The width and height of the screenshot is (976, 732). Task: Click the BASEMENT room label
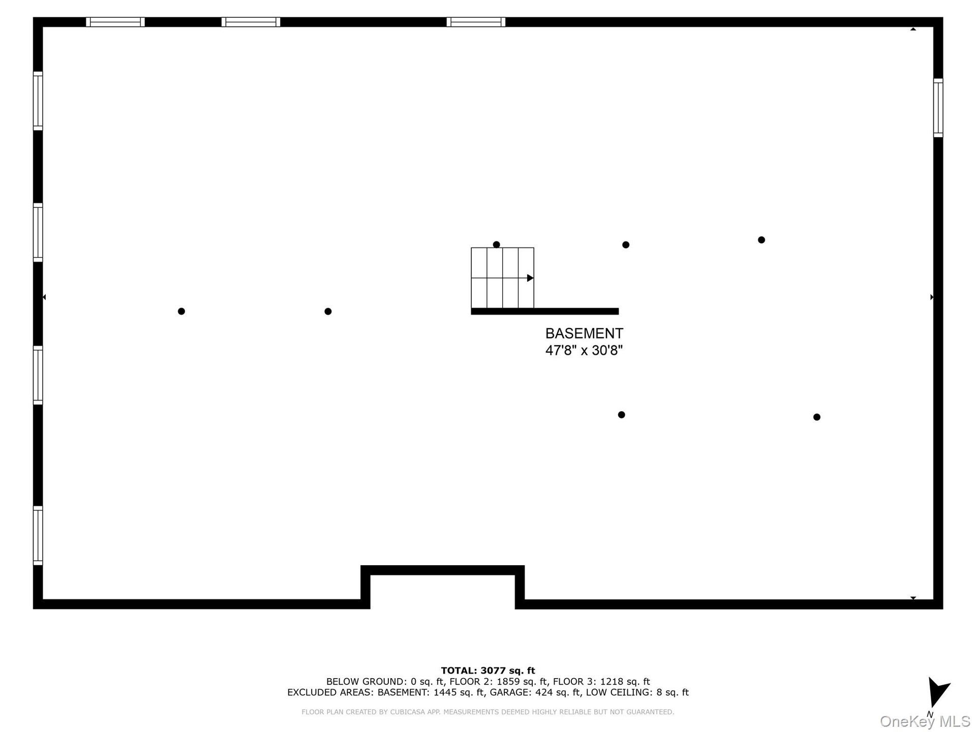point(584,333)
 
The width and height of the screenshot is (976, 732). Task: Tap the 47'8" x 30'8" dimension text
point(584,350)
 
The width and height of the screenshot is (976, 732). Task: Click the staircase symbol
point(503,278)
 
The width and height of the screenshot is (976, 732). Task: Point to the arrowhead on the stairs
point(530,278)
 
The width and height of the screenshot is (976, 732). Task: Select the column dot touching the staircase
point(497,245)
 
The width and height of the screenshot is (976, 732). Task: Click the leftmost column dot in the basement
point(181,311)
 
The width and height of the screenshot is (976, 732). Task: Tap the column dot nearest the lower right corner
point(817,417)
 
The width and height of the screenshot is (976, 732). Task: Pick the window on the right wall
point(938,108)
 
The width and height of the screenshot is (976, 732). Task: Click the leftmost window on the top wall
point(115,22)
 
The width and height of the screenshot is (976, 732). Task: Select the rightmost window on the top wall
point(476,22)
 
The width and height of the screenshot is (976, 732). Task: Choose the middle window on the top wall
point(251,22)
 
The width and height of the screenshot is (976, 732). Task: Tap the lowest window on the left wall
point(38,535)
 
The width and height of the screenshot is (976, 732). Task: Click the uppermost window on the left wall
point(38,101)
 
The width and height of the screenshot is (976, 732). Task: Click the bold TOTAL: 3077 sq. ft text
point(488,670)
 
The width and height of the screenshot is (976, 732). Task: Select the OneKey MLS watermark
point(925,721)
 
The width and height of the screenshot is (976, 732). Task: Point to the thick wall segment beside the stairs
point(545,311)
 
